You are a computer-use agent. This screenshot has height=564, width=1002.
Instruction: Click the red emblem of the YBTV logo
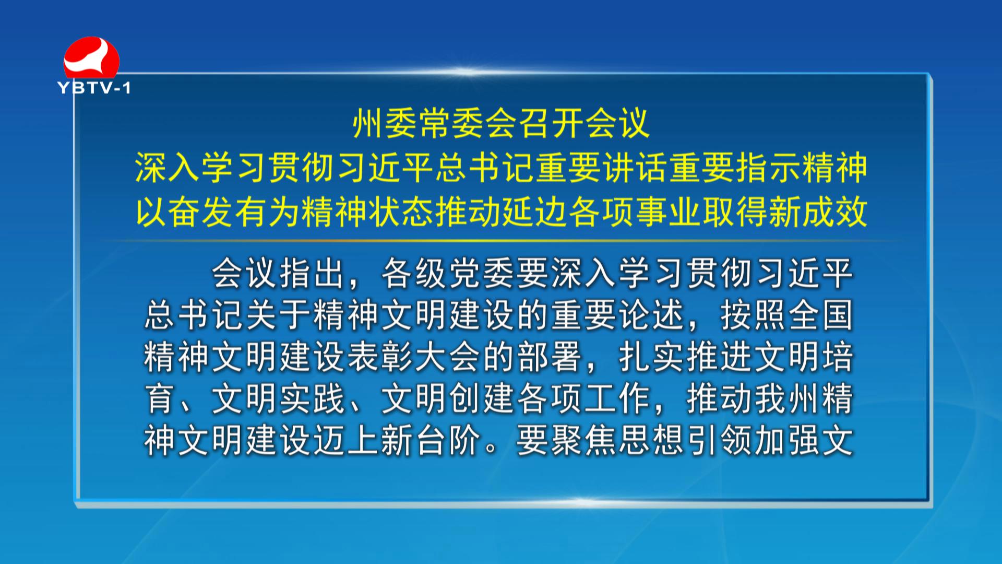coord(91,57)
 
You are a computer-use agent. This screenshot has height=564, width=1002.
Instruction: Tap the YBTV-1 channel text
coord(94,88)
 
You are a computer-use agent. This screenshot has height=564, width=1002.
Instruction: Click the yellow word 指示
coord(769,168)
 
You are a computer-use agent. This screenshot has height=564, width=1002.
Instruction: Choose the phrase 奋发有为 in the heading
coord(235,212)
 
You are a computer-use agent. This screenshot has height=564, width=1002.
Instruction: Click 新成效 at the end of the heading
coord(818,212)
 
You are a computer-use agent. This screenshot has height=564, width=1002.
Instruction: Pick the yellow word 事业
coord(669,212)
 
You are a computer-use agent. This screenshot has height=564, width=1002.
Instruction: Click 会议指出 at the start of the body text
coord(278,273)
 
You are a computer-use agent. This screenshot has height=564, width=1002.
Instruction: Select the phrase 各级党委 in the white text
coord(448,273)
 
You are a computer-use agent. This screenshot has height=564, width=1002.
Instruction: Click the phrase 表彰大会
coord(413,357)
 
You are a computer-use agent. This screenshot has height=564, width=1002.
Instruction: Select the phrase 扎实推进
coord(685,357)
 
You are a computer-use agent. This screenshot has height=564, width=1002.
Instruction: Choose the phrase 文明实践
coord(278,398)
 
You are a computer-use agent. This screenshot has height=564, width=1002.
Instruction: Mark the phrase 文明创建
coord(448,398)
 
